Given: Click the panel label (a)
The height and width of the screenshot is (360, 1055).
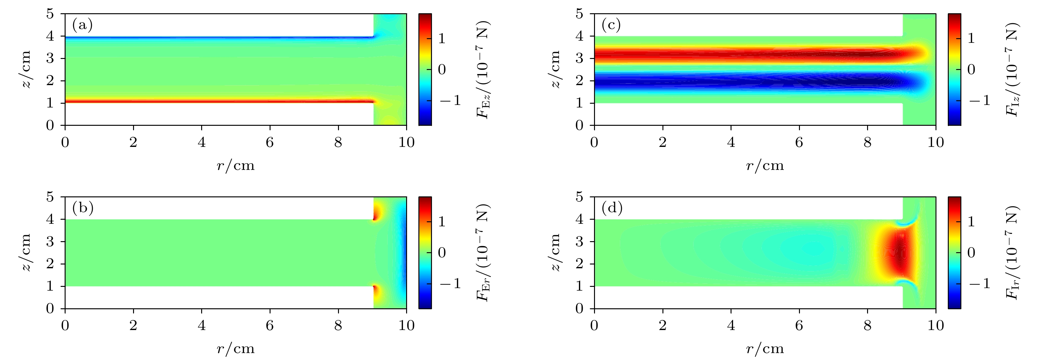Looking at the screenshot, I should pos(82,26).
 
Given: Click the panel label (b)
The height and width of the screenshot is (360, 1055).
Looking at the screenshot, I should pos(83,208).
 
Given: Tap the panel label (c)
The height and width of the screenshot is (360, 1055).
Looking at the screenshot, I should pos(611,26).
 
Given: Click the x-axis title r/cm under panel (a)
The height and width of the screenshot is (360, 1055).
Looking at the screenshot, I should pos(236,165).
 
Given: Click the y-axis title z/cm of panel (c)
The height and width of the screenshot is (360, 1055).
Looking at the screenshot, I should pos(555,69).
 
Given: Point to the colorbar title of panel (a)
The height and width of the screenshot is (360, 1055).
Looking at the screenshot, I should pos(483,69).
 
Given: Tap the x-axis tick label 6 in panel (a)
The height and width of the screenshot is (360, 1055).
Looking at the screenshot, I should pos(270,142).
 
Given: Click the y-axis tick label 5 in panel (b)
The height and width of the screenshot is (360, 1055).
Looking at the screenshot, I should pos(50,197).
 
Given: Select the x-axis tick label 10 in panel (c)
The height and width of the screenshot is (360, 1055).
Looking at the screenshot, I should pos(936,142).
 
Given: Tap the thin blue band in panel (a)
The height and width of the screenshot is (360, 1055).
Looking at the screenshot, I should pos(217,38).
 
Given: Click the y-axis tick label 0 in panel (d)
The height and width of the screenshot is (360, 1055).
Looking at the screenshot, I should pos(579,308).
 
